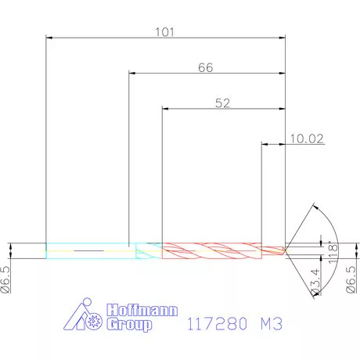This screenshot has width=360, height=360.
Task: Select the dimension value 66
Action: coord(205,68)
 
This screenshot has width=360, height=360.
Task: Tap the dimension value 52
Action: coord(221,103)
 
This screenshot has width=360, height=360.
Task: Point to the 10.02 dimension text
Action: coord(306,139)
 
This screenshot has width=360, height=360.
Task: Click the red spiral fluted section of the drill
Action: coord(211,249)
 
